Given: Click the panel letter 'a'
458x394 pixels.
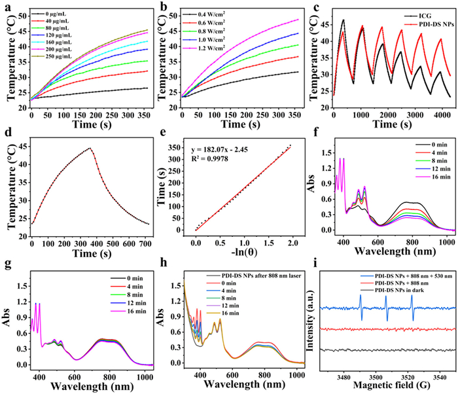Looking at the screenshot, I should [7, 7].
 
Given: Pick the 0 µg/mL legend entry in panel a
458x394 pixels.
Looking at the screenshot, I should [49, 14].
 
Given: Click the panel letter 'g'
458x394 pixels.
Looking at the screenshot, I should [7, 268].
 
